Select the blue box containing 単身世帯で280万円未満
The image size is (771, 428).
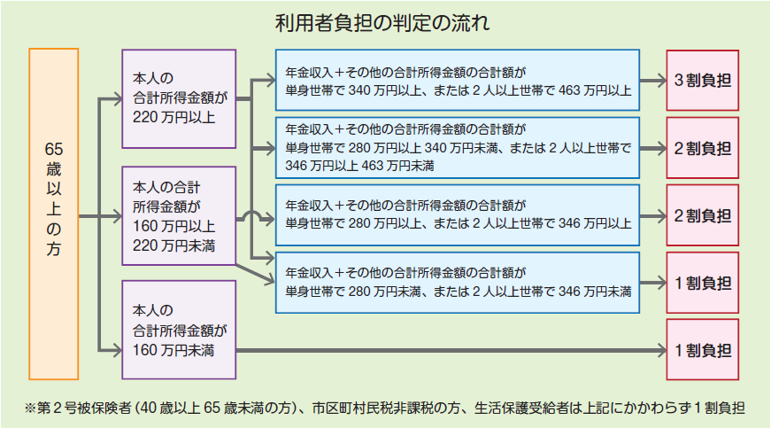pos(458,283)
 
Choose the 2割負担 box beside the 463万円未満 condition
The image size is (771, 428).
pos(703,147)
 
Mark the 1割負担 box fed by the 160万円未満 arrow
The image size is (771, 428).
pos(703,350)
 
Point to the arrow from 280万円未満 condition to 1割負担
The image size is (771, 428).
pos(652,284)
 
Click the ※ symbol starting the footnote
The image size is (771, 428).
pos(32,409)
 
